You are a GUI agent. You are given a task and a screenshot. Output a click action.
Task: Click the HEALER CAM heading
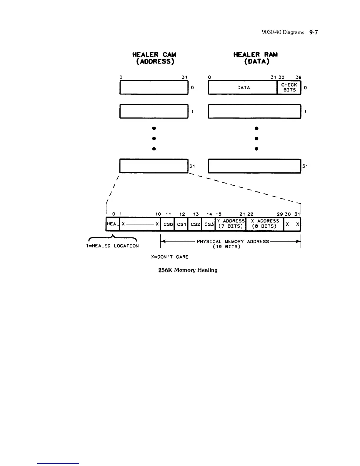[x=154, y=58]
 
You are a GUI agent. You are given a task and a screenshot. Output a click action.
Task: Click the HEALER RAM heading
[x=255, y=58]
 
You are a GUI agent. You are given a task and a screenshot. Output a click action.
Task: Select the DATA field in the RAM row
[x=243, y=88]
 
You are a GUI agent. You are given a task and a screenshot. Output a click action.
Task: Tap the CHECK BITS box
[x=289, y=87]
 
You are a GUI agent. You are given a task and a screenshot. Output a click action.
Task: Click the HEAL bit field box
[x=113, y=224]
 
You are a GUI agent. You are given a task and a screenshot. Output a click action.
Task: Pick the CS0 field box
[x=168, y=224]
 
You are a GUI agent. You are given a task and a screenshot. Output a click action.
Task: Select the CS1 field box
[x=181, y=224]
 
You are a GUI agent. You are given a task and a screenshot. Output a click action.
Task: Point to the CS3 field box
[x=209, y=224]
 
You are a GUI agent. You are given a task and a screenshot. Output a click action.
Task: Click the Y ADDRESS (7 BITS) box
[x=231, y=224]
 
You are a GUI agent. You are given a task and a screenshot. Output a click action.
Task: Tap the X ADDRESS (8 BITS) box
[x=265, y=224]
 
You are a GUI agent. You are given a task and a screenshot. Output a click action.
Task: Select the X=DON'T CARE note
[x=170, y=257]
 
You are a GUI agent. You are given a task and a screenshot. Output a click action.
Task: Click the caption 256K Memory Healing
[x=188, y=270]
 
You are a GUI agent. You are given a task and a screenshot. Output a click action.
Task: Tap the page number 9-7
[x=314, y=32]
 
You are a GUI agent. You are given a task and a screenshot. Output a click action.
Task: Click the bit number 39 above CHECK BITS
[x=298, y=77]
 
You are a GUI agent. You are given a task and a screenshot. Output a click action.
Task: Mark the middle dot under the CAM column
[x=154, y=138]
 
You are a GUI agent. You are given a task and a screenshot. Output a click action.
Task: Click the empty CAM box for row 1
[x=154, y=111]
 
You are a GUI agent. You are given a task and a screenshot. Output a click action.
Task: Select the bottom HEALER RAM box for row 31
[x=254, y=166]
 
